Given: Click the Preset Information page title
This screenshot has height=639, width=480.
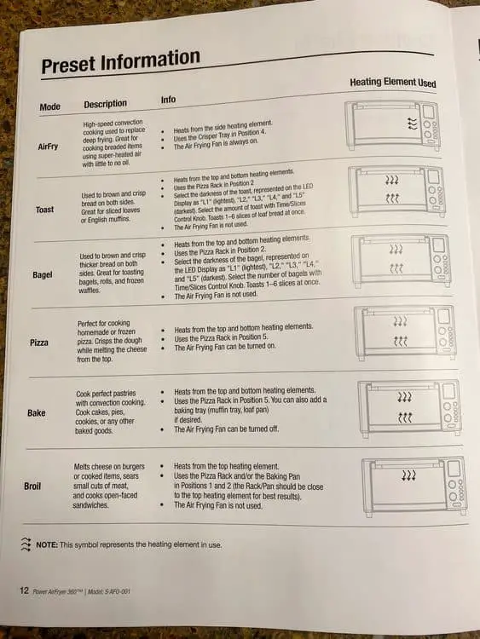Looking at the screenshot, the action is pos(121,60).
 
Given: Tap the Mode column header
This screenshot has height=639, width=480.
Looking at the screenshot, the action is pos(50,106).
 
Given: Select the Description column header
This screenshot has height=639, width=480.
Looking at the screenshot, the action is pos(105,104).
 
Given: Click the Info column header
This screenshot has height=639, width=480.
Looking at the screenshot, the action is pos(168,100).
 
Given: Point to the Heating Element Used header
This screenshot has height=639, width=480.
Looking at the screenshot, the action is pos(393,83).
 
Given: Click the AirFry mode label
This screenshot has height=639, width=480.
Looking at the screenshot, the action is pos(48,147).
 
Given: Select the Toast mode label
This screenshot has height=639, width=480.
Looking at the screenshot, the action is pos(44,210).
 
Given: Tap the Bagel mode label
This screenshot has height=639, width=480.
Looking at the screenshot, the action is pos(43,274).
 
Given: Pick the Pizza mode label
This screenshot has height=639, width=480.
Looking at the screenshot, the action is pos(39,343).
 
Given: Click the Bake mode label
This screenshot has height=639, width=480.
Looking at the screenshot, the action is pos(37,413).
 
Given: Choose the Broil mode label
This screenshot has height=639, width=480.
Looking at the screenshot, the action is pos(32,486).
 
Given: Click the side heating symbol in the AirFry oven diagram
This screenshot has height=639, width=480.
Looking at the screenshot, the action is pos(413,124).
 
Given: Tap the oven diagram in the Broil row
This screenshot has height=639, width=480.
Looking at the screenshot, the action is pos(414,486).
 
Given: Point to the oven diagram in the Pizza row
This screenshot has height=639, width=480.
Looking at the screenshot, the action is pos(405,332).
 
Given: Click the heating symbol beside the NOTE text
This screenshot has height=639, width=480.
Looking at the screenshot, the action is pos(26,544).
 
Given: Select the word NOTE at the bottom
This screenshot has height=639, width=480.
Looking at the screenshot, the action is pos(47,545).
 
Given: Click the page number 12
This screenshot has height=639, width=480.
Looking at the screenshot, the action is pos(25,590).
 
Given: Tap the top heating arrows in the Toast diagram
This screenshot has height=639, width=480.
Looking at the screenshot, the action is pos(392,180).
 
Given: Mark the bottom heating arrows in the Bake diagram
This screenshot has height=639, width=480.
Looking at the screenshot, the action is pos(405,417).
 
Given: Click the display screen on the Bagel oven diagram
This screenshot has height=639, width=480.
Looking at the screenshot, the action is pos(438,245).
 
